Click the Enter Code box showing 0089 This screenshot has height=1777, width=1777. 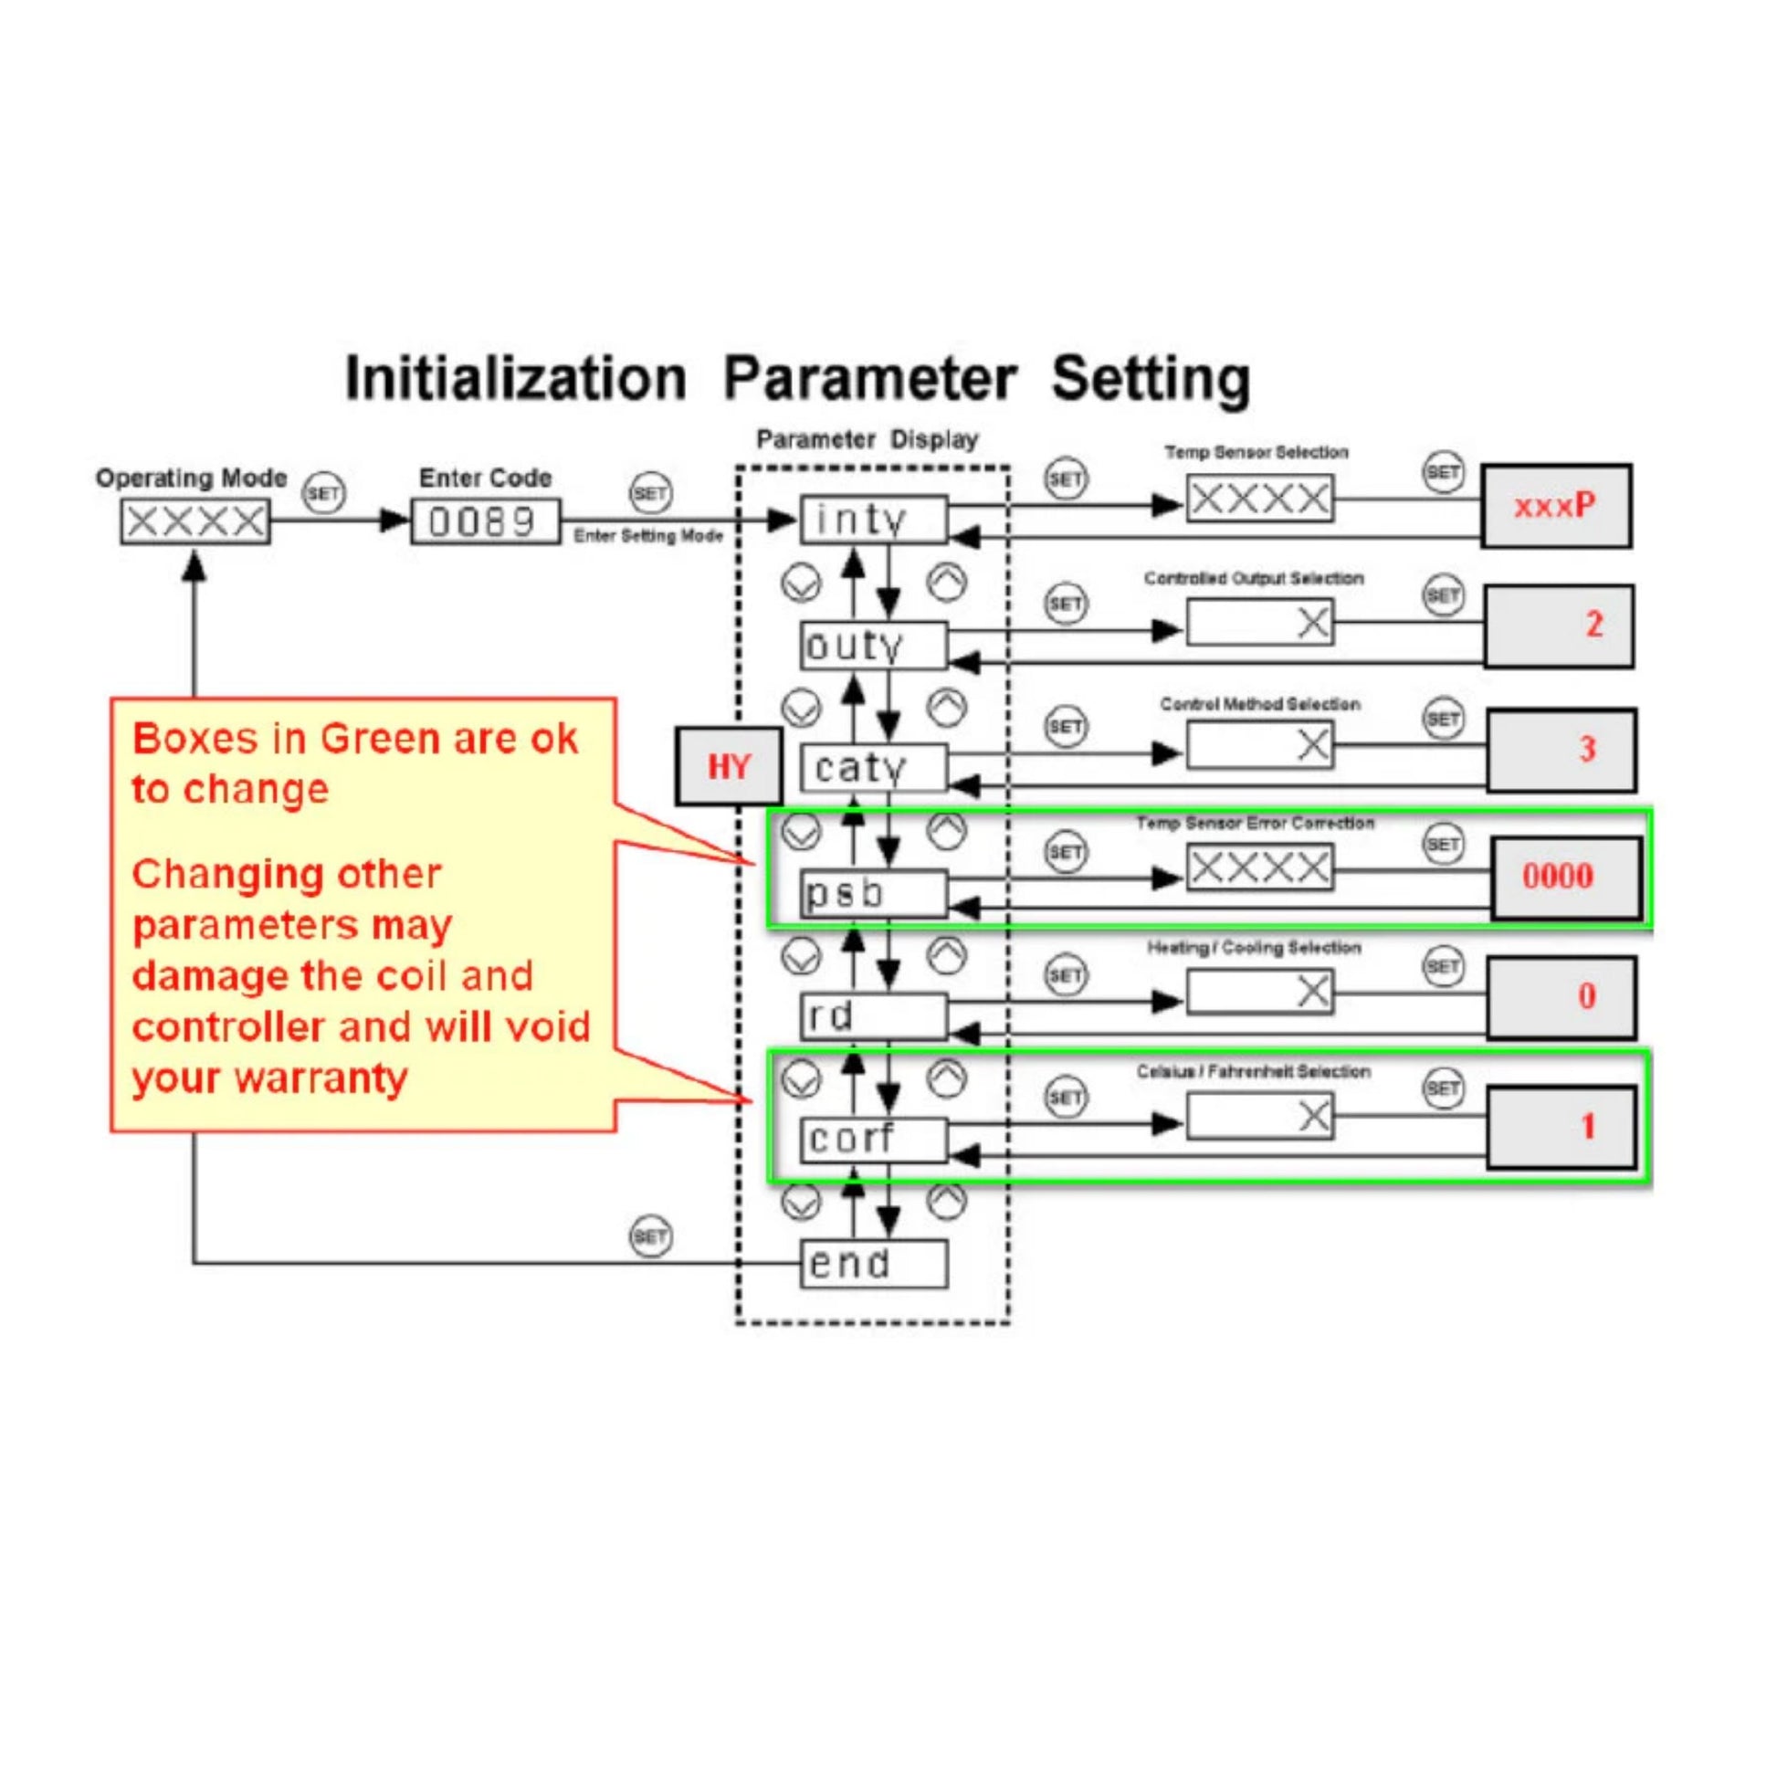(x=485, y=521)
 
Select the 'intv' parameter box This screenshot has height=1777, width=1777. (x=873, y=520)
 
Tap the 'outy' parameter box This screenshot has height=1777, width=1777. (x=873, y=645)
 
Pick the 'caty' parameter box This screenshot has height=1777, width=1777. (x=873, y=768)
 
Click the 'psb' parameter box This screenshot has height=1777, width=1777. (x=873, y=893)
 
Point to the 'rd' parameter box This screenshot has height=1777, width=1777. (x=873, y=1016)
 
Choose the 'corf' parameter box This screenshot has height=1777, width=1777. (x=873, y=1140)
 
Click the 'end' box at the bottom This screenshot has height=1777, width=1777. (x=873, y=1264)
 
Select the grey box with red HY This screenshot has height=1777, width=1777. (x=729, y=766)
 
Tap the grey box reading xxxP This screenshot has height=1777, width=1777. (x=1555, y=506)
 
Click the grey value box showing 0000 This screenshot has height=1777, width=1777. (x=1565, y=877)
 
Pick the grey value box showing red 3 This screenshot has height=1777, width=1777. (x=1561, y=750)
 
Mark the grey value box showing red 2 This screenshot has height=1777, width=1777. (x=1558, y=626)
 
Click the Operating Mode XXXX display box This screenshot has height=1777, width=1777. (x=195, y=522)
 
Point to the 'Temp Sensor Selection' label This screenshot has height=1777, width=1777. (x=1256, y=453)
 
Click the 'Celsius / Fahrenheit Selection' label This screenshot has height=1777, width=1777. (x=1253, y=1071)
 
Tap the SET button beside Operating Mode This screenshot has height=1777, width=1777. (x=324, y=494)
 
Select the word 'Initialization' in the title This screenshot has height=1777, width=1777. (x=515, y=379)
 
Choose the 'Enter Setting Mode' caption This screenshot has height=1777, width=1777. (x=647, y=536)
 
